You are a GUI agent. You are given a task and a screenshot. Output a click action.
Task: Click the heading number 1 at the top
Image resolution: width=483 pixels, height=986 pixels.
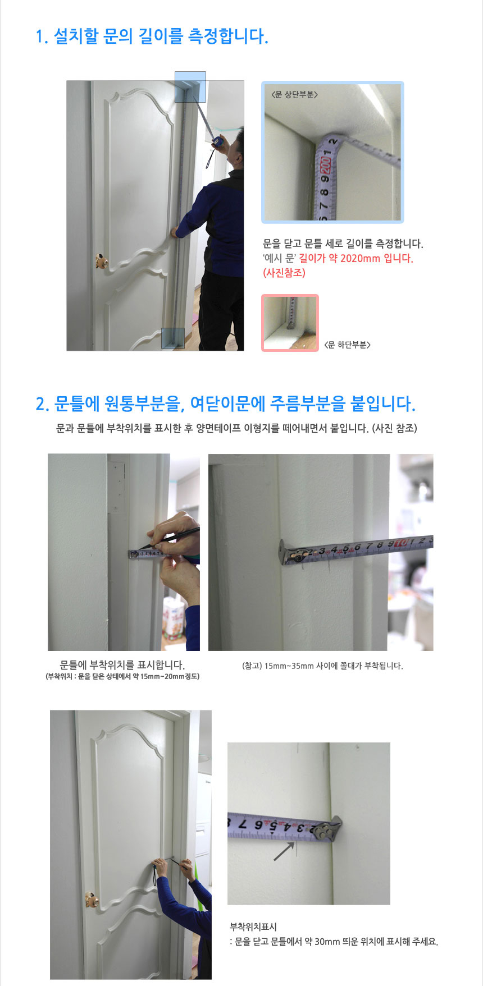(40, 37)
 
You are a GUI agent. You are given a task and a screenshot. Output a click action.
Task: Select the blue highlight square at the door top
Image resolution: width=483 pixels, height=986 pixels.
(190, 86)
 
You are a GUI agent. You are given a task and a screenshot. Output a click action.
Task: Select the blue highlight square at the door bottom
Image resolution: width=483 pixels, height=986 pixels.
(172, 338)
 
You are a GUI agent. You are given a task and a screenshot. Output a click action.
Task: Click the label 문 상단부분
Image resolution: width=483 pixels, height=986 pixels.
(294, 95)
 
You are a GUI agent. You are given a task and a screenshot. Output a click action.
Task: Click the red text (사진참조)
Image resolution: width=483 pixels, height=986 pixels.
(284, 273)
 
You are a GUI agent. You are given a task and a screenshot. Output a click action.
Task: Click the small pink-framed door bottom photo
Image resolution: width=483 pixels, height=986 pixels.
(290, 323)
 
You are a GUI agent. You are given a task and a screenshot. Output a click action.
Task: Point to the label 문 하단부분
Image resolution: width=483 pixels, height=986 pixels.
(347, 345)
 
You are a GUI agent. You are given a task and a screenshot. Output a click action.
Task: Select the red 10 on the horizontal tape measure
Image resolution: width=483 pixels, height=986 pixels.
(400, 543)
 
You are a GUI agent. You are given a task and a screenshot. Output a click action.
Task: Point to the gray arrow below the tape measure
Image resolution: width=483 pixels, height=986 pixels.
(284, 851)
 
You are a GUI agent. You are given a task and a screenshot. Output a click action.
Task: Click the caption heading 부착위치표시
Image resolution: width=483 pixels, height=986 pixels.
(253, 927)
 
